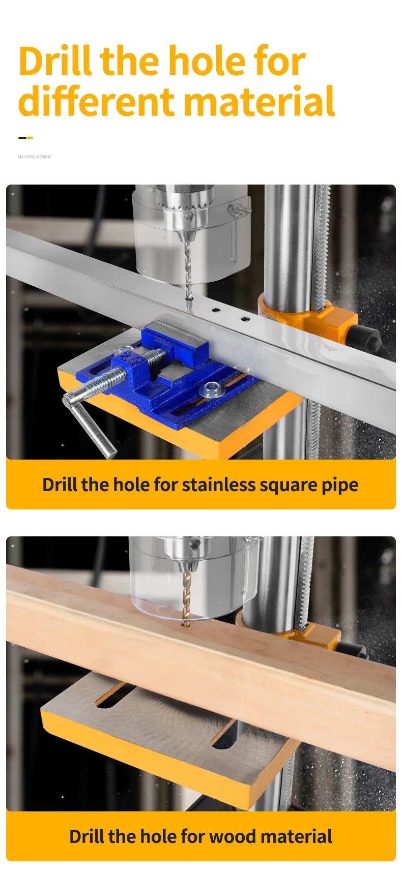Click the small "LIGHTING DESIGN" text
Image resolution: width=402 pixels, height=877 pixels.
coord(35,157)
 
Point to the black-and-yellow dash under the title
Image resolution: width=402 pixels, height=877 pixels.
coord(25,137)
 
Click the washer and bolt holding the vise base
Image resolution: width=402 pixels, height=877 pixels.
coord(210,390)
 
